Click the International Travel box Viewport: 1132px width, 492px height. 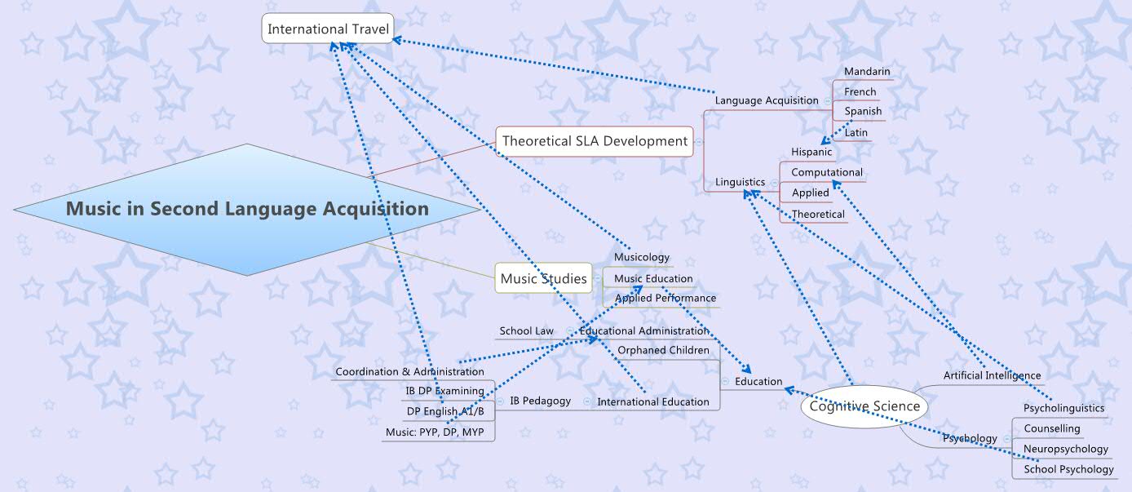pos(329,29)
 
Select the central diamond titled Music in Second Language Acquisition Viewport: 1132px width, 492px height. pos(247,209)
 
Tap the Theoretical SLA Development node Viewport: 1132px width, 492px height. pos(595,141)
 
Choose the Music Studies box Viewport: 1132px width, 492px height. pos(543,278)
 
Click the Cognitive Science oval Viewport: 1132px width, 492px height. pos(864,406)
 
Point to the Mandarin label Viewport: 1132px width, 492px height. pos(867,72)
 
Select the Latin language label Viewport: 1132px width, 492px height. pos(856,132)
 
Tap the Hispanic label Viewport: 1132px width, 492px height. pos(811,152)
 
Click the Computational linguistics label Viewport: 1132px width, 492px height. pos(826,172)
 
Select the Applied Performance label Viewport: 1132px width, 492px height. pos(665,298)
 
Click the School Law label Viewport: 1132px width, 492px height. pos(526,330)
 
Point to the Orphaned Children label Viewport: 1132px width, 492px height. pos(663,350)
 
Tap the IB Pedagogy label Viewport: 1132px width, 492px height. pos(540,401)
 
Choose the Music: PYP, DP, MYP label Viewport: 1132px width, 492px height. pos(445,432)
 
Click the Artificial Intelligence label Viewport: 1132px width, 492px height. pos(992,375)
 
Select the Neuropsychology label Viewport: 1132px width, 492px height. pos(1066,449)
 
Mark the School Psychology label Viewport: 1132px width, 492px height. pos(1068,469)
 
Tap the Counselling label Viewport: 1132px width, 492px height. pos(1051,428)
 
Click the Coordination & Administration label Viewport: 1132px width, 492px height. pos(409,372)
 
